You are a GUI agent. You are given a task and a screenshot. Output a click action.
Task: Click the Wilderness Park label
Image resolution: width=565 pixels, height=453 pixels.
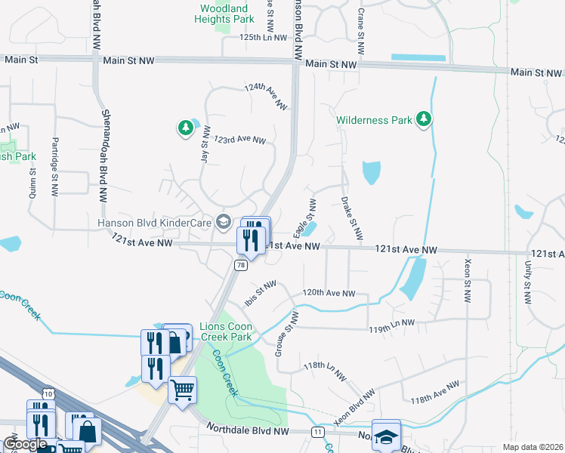[375, 120]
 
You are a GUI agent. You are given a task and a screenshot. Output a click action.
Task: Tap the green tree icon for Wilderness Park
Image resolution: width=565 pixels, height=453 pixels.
[425, 119]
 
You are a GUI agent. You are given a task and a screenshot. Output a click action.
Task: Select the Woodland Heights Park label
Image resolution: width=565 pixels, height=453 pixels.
[224, 13]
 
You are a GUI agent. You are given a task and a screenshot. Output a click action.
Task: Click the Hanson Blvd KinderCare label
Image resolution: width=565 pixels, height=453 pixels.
[155, 222]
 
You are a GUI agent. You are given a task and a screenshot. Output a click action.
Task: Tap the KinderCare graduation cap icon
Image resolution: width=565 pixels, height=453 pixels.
[223, 221]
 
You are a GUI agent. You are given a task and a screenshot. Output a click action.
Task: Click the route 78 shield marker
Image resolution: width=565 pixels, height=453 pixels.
[239, 265]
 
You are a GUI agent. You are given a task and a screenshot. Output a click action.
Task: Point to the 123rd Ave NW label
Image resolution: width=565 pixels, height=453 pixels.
[239, 140]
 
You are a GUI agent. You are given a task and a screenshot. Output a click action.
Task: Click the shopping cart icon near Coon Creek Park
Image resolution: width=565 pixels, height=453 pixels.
[182, 390]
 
